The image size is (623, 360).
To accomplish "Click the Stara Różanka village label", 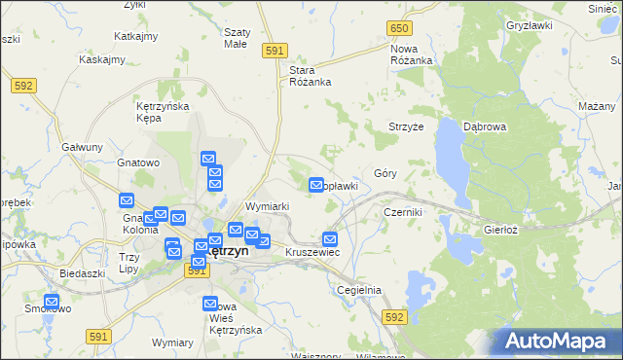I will click(311, 76).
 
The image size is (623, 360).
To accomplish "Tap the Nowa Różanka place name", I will click(411, 54).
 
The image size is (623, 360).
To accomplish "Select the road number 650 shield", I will click(398, 29).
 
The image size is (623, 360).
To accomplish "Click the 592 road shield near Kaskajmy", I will click(24, 86).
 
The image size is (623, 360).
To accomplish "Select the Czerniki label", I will click(402, 211).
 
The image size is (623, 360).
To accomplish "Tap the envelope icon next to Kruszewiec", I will click(330, 239).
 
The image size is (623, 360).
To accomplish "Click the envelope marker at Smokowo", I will click(52, 302).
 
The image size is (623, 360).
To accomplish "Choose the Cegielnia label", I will click(358, 290).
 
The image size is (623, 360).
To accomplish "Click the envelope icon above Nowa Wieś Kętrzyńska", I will click(211, 305).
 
